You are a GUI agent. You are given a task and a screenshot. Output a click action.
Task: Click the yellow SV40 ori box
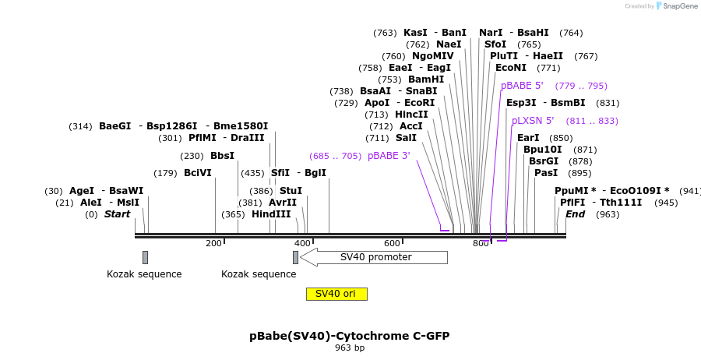(x=336, y=294)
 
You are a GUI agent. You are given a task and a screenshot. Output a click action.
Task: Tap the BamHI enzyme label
(x=426, y=79)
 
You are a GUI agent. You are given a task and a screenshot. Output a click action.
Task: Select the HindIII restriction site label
(x=271, y=214)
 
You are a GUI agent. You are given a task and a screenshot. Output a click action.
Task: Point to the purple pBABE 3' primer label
(x=389, y=156)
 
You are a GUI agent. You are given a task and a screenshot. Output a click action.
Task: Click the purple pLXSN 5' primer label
(x=533, y=121)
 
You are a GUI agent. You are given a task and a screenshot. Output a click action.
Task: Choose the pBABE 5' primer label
(x=522, y=86)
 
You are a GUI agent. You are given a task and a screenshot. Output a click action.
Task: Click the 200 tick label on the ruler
(x=213, y=243)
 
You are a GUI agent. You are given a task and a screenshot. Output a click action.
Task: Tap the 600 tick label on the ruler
(x=392, y=243)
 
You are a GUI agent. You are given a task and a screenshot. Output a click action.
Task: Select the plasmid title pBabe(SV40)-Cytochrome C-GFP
(x=350, y=336)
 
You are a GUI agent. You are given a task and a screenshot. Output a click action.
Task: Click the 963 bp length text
(x=350, y=348)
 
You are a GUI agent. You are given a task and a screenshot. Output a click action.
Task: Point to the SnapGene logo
(x=675, y=6)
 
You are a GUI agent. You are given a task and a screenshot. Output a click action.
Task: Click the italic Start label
(x=118, y=214)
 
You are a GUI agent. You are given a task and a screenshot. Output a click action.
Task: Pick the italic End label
(x=575, y=214)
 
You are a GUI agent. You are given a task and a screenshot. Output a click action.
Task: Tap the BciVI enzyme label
(x=198, y=173)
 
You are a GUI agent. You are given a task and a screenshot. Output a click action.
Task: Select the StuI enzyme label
(x=291, y=191)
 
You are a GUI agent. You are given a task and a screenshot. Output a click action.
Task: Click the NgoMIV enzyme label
(x=432, y=56)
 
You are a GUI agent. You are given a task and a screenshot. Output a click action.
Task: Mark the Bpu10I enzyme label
(x=542, y=150)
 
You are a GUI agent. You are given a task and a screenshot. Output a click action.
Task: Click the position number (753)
(x=389, y=79)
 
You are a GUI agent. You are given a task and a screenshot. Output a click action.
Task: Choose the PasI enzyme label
(x=546, y=173)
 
